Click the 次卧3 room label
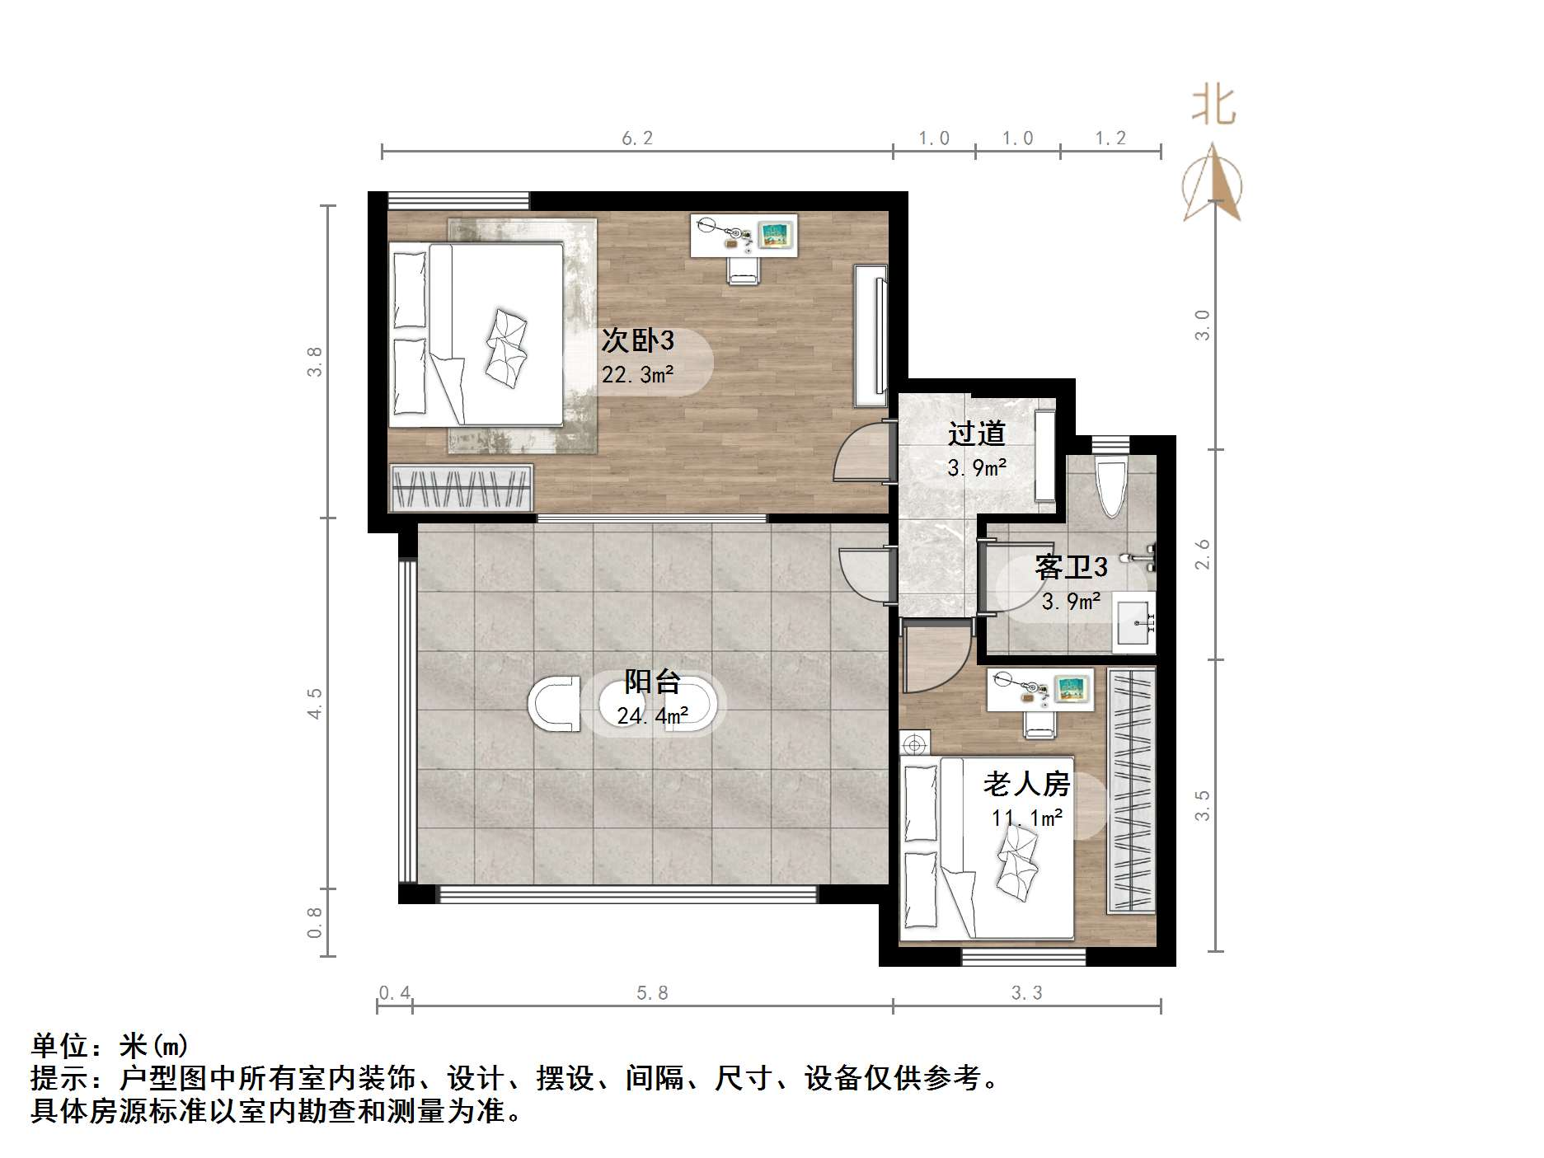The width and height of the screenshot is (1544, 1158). [637, 340]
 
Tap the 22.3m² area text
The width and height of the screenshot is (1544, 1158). [637, 375]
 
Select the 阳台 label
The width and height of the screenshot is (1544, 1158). [652, 681]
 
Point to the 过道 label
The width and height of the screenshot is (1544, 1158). [976, 434]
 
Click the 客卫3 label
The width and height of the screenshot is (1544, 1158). [1070, 567]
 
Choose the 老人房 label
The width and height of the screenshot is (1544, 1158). [1025, 783]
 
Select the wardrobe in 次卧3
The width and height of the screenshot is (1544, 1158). [461, 488]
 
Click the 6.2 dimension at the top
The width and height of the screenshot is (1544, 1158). [636, 138]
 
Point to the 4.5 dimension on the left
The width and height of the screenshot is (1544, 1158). [314, 703]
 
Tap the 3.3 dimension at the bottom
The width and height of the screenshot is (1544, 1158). [1026, 993]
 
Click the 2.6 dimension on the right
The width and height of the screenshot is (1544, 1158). [1203, 554]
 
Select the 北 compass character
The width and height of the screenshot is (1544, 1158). [1213, 106]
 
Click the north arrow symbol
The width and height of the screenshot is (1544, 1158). [1212, 185]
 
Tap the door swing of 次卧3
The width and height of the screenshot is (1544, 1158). [861, 453]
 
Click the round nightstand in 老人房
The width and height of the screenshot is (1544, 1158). [914, 745]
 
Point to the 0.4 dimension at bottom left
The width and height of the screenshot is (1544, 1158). [394, 993]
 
